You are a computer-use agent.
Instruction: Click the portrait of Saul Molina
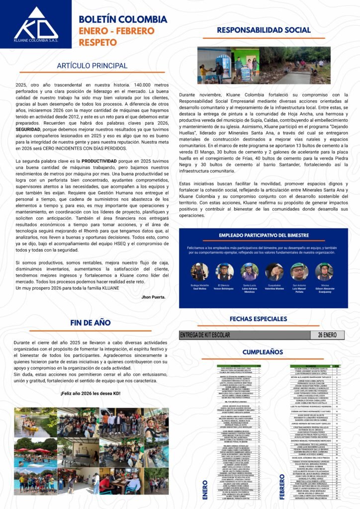tap(199, 271)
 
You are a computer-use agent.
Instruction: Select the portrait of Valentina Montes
tap(274, 271)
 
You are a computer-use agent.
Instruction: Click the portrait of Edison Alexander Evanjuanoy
tap(324, 271)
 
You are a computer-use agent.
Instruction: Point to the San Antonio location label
tap(299, 285)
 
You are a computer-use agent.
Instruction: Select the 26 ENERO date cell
tap(328, 335)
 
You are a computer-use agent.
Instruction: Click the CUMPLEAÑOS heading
tap(262, 352)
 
